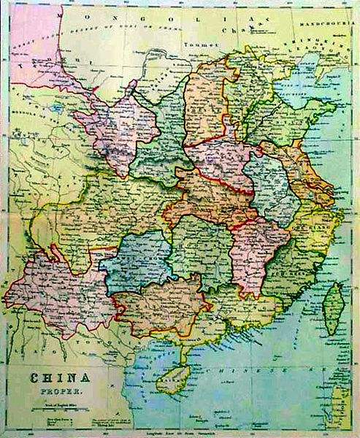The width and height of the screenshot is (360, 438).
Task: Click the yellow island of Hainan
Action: (171, 378)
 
